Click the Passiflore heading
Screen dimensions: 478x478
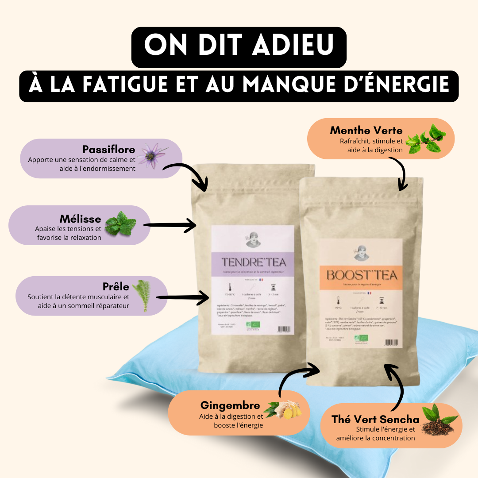108,149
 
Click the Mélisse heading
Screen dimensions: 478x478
80,219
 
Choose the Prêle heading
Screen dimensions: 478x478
116,287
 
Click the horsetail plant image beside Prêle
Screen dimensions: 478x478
142,295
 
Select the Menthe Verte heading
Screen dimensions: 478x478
366,130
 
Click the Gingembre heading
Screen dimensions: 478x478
230,405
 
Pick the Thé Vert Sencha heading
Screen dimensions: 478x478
375,419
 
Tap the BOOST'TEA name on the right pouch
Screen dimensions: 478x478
362,275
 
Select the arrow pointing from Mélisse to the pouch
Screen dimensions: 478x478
170,226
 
